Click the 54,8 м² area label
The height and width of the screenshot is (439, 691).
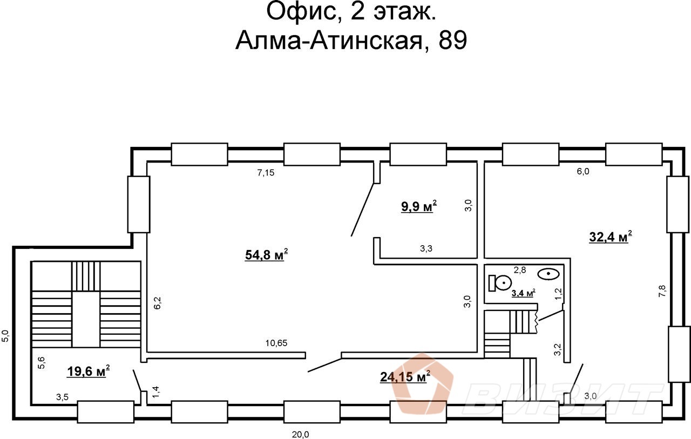coord(266,254)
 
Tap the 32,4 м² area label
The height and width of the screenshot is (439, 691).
coord(610,237)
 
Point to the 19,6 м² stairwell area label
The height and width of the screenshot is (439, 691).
coord(89,371)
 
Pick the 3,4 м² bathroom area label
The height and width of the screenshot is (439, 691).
coord(523,293)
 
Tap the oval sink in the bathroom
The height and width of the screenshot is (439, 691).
coord(549,274)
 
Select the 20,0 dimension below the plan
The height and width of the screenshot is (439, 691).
coord(301,434)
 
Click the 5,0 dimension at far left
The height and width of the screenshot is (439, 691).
coord(5,336)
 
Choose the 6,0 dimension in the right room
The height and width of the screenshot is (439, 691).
coord(583,171)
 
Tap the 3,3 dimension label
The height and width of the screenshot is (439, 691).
coord(426,249)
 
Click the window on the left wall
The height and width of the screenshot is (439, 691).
coord(138,204)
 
